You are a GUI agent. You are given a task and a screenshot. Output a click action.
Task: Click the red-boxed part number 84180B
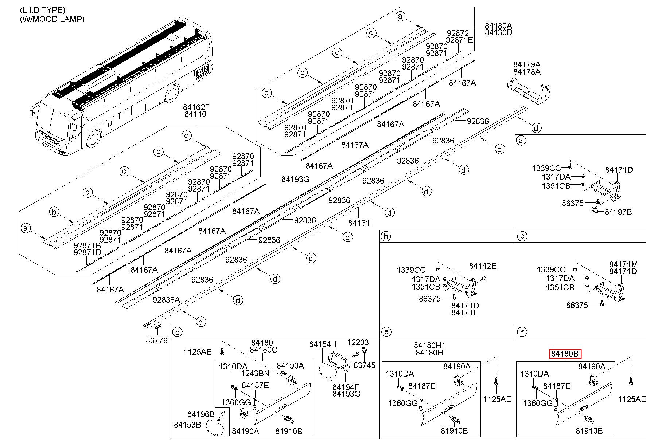pos(565,354)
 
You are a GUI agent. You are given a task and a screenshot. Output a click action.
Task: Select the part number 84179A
pos(527,65)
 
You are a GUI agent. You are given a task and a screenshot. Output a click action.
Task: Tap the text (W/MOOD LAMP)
pos(52,19)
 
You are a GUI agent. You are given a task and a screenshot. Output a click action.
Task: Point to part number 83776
pos(157,340)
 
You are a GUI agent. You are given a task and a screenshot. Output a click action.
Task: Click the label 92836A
pos(166,300)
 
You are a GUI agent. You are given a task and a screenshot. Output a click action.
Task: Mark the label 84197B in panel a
pos(618,212)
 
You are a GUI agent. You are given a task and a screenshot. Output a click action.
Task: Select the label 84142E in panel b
pos(483,266)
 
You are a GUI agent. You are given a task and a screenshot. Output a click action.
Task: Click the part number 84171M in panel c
pos(623,264)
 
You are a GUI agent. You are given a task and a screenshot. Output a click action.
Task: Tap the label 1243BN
pos(255,373)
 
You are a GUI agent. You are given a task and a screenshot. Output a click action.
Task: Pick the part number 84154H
pos(323,344)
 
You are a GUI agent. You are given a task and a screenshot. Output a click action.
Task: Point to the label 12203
pos(358,342)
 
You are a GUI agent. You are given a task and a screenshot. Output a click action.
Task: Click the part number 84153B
pos(187,425)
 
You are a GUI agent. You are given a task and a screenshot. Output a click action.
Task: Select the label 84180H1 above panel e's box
pos(429,345)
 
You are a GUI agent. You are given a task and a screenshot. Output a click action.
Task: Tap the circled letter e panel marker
pos(386,332)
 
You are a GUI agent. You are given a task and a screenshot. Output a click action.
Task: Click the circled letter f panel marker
pos(522,332)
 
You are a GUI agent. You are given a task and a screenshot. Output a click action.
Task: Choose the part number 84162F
pos(196,107)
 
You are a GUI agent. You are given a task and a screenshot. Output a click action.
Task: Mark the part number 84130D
pos(498,32)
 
